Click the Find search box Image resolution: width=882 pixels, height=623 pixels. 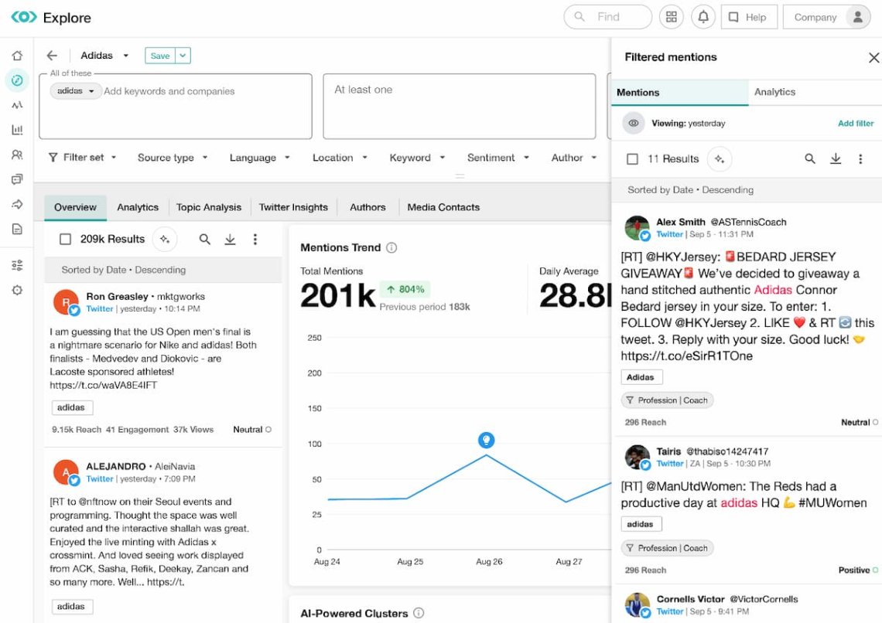coord(608,17)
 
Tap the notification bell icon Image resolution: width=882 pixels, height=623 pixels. coord(703,17)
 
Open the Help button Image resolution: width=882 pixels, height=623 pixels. coord(747,17)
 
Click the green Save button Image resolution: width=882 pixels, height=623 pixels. coord(160,56)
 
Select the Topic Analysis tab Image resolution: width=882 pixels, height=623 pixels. coord(209,207)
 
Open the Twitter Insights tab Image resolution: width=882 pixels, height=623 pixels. coord(293,207)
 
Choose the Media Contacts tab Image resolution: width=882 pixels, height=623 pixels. coord(443,207)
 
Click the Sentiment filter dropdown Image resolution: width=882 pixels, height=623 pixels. coord(498,158)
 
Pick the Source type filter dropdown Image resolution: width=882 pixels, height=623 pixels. coord(173,158)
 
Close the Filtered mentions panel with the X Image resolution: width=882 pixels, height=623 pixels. coord(873,57)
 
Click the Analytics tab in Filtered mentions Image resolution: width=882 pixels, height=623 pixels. coord(774,92)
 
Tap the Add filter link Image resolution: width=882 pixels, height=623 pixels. coord(856,124)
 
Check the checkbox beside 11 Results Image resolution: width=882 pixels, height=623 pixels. coord(632,159)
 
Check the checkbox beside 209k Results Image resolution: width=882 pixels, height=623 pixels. coord(66,240)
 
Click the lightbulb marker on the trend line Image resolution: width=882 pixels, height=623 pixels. coord(486,441)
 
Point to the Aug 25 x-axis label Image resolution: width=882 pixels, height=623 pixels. coord(410,562)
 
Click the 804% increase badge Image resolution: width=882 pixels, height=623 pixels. coord(405,289)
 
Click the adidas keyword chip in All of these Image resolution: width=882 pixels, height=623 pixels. coord(76,91)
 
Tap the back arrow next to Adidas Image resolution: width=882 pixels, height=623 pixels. coord(52,56)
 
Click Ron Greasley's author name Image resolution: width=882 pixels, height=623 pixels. coord(117,296)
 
